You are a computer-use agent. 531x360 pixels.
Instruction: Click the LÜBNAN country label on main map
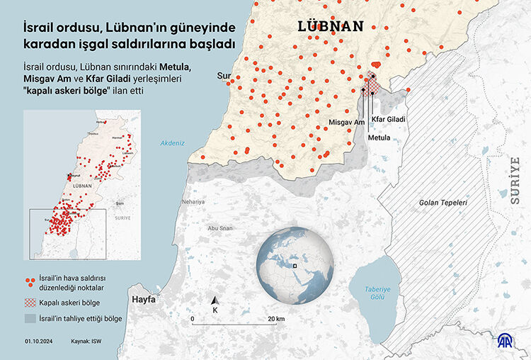[x=331, y=28]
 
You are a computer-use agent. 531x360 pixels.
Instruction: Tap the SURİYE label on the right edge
[x=515, y=181]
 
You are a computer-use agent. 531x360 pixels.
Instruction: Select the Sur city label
[x=224, y=75]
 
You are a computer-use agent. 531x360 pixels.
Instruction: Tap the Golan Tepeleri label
[x=443, y=203]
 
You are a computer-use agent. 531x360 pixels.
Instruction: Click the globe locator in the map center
[x=294, y=264]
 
